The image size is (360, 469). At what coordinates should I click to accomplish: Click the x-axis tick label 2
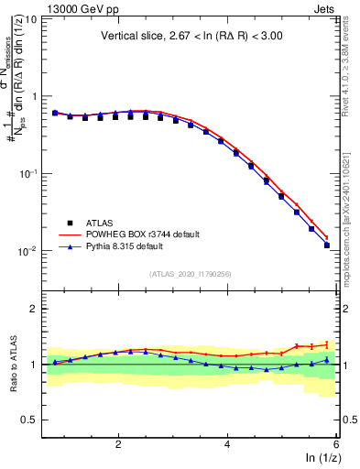click(118, 443)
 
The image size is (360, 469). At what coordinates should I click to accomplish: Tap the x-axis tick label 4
click(227, 443)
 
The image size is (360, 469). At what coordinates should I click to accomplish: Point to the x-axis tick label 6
click(335, 443)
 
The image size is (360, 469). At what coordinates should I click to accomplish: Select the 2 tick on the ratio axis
click(33, 309)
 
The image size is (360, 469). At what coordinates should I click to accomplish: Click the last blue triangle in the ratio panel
click(326, 360)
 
